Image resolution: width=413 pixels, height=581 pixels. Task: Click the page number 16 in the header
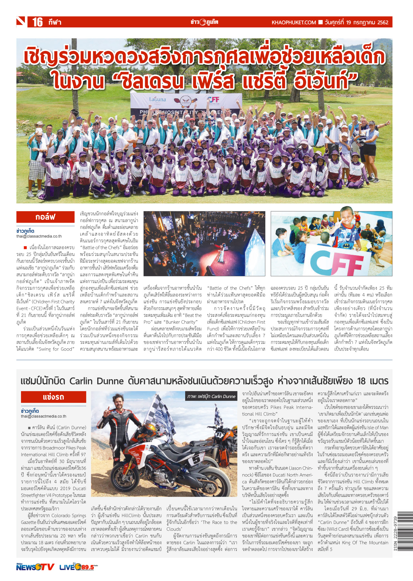37,22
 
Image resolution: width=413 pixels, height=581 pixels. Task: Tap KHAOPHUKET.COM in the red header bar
293,22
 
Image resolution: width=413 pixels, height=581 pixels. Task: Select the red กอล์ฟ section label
45,217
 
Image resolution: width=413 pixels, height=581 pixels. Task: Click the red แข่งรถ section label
53,397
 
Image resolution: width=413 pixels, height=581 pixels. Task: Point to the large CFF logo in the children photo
336,262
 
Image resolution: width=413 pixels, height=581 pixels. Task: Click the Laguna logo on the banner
157,99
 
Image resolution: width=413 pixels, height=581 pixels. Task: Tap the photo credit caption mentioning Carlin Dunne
211,396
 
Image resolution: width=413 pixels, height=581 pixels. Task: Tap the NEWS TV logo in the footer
35,567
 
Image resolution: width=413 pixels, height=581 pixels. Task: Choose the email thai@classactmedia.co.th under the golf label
39,236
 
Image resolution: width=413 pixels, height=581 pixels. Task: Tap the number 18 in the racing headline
361,381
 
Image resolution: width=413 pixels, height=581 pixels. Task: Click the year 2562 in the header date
383,22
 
